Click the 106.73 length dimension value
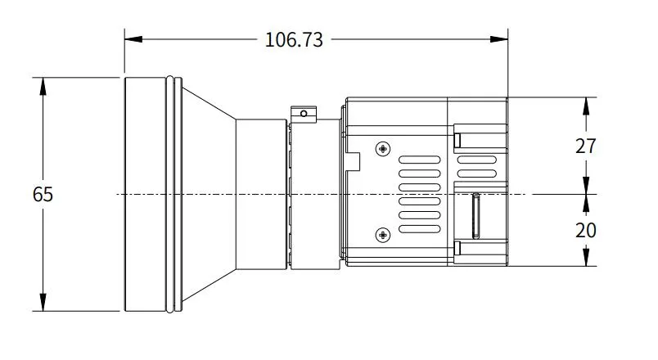point(294,39)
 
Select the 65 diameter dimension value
point(43,195)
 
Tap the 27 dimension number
point(586,146)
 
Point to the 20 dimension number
point(586,231)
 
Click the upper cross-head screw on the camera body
point(382,149)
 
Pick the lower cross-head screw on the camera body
point(382,236)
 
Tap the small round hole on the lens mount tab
point(304,113)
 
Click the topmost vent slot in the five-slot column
point(419,160)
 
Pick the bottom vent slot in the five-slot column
point(419,227)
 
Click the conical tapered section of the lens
point(209,195)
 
